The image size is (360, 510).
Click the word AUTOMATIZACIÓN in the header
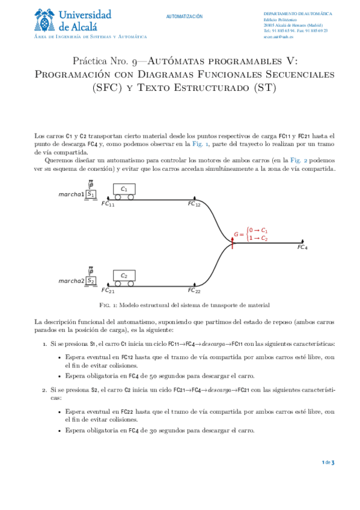[185, 17]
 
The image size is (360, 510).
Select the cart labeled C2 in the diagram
[124, 278]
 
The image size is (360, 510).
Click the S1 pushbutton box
[91, 194]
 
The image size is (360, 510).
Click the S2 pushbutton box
[91, 280]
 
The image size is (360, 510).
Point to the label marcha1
[71, 194]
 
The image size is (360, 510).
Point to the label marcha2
[71, 281]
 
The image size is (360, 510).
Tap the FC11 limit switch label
[108, 204]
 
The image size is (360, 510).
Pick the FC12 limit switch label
[194, 204]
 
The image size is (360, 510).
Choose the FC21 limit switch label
[108, 291]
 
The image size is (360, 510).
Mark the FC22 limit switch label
[194, 291]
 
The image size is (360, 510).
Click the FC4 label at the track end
[302, 248]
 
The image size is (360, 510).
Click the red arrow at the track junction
[233, 242]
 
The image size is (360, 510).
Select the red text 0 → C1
[258, 230]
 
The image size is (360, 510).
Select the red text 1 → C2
[258, 238]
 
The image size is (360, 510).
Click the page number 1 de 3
[328, 462]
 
